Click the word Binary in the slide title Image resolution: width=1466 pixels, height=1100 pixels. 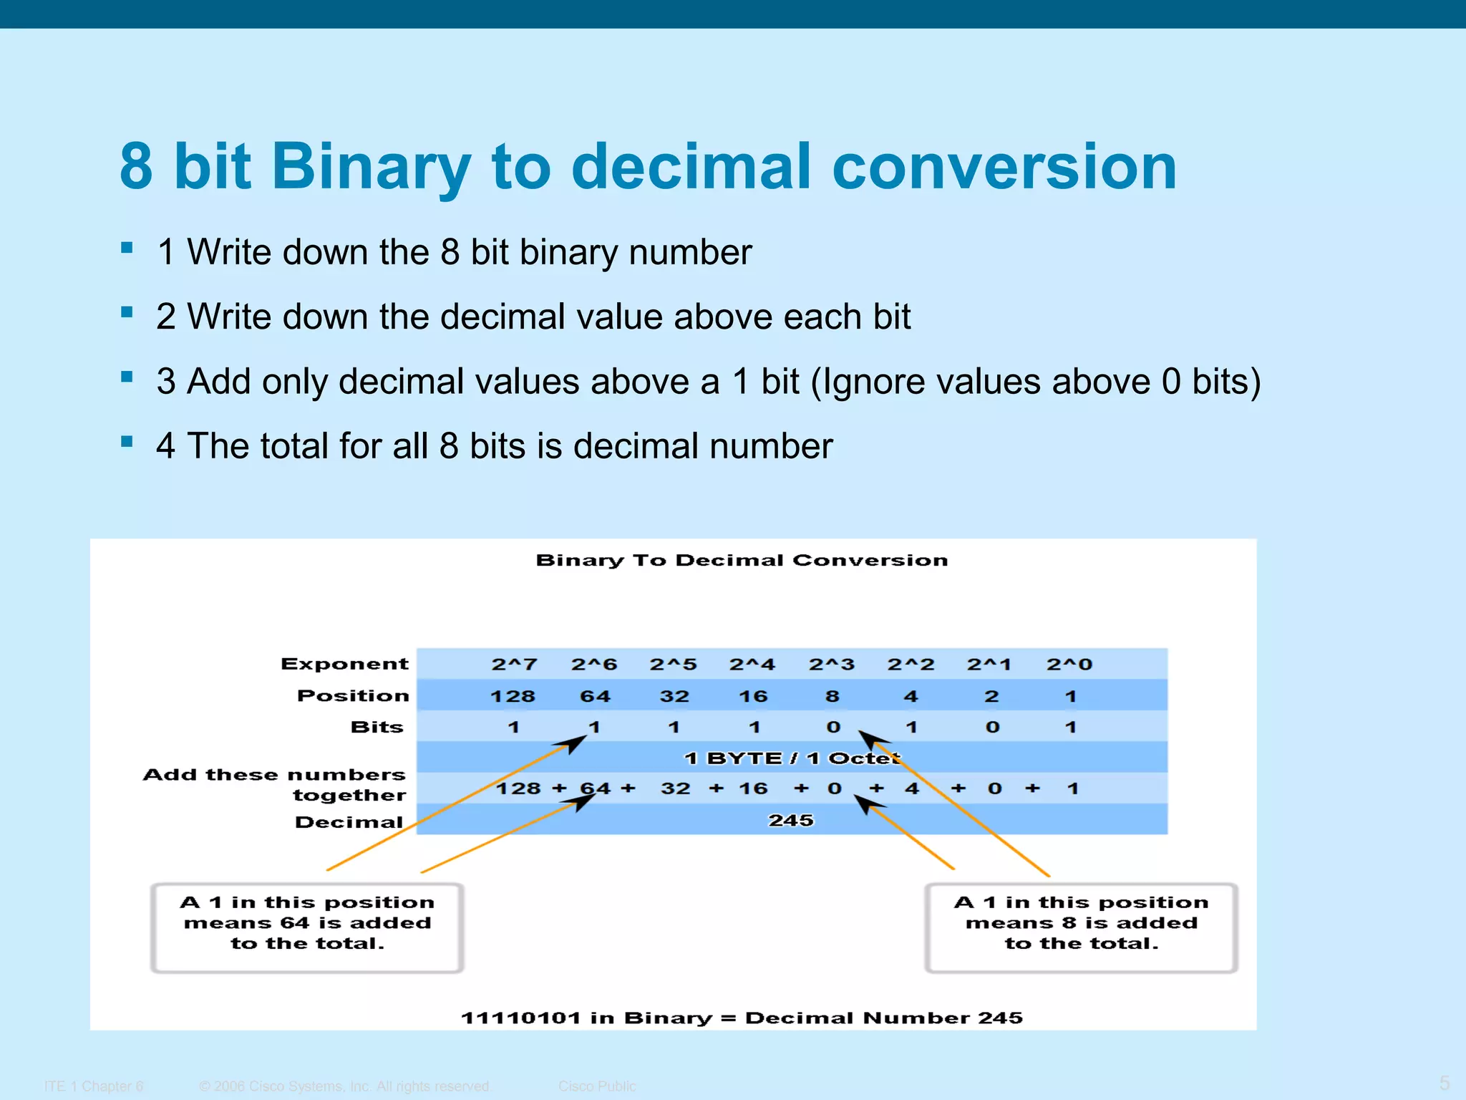(x=371, y=168)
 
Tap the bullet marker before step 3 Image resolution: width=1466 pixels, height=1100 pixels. (x=127, y=377)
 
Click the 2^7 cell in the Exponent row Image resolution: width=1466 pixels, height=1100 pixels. (x=514, y=664)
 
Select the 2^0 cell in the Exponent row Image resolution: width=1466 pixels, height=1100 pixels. (x=1069, y=664)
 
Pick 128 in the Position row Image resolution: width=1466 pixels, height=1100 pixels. (x=513, y=696)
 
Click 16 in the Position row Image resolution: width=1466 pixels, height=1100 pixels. (x=753, y=696)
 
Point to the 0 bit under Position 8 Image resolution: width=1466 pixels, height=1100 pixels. (x=833, y=727)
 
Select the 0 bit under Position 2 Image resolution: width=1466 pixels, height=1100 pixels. (x=992, y=727)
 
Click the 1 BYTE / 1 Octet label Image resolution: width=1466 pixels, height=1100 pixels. (x=792, y=758)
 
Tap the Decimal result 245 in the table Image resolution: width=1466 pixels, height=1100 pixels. (x=791, y=820)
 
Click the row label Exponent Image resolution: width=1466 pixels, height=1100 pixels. (x=344, y=664)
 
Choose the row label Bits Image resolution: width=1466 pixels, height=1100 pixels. (x=377, y=727)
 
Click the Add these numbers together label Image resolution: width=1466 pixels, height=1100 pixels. (x=275, y=784)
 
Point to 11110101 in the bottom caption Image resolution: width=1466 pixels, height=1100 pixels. (x=520, y=1018)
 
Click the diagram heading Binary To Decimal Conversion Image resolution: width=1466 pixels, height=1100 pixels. (x=742, y=560)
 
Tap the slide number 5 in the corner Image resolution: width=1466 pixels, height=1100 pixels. (x=1444, y=1083)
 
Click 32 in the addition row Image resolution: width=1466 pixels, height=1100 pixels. (x=675, y=788)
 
